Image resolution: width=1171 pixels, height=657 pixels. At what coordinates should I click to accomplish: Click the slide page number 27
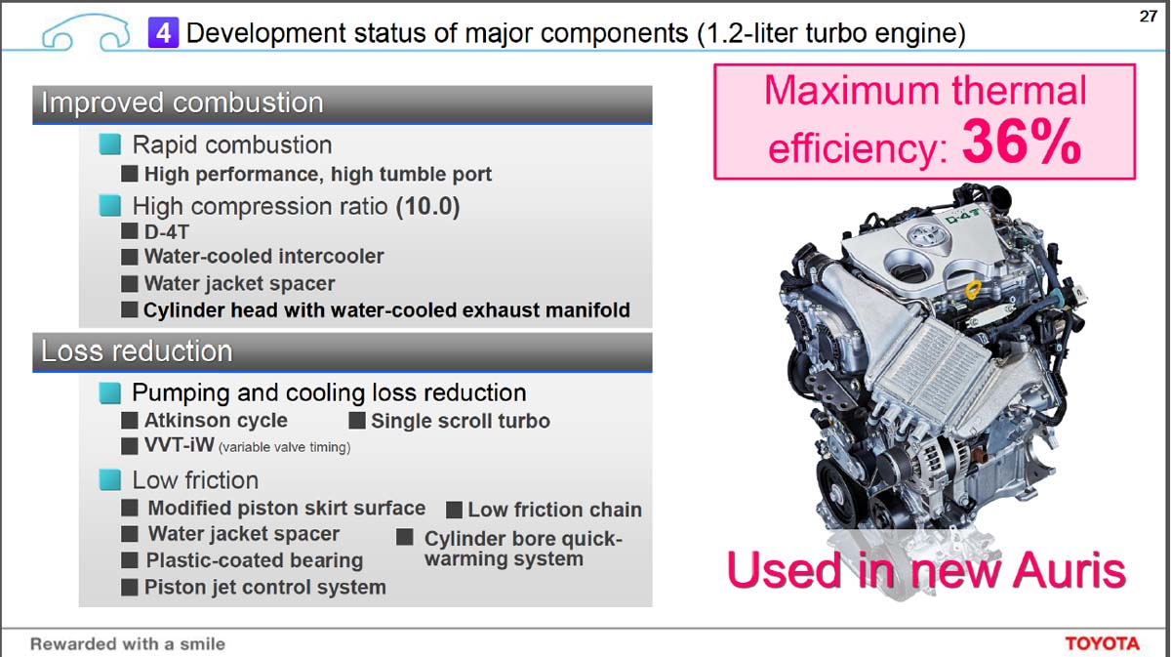coord(1148,17)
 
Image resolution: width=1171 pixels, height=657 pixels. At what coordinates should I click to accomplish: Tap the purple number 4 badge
coord(163,32)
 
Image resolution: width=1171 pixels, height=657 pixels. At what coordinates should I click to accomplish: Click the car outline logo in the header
coord(86,32)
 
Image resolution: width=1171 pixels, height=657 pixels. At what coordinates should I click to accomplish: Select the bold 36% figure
coord(1021,143)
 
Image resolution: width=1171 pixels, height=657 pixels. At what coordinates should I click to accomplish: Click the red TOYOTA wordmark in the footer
coord(1102,643)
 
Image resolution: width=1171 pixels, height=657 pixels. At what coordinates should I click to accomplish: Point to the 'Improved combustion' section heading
coord(182,103)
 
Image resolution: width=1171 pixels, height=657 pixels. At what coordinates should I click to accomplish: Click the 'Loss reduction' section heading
coord(137,351)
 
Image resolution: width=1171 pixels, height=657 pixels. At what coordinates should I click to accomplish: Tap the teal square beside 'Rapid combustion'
coord(109,144)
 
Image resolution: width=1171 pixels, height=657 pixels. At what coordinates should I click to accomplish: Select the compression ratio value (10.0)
coord(427,206)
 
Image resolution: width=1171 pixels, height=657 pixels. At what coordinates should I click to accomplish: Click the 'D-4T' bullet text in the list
coord(166,231)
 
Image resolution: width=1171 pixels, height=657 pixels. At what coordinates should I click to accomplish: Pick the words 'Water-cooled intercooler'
coord(264,257)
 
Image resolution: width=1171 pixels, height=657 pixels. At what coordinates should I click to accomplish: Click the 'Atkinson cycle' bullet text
coord(216,421)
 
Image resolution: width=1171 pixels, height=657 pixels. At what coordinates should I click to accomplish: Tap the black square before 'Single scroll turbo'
coord(357,420)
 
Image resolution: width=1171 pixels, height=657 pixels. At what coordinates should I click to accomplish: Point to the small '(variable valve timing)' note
coord(284,447)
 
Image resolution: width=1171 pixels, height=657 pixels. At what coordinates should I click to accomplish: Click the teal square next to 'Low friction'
coord(109,479)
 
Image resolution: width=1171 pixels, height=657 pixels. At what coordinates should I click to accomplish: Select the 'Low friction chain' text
coord(554,510)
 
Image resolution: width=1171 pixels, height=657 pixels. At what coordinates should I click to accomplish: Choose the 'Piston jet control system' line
coord(265,588)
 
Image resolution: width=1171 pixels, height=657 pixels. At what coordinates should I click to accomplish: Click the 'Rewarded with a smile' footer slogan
coord(128,644)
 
